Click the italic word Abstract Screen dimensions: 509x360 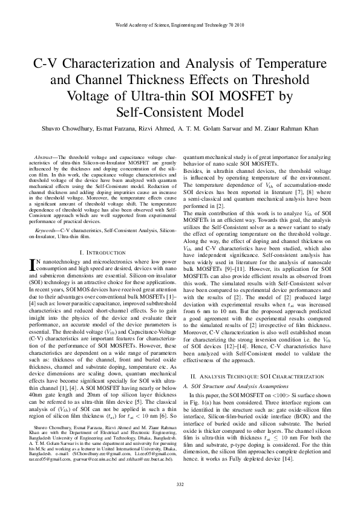coord(45,157)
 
